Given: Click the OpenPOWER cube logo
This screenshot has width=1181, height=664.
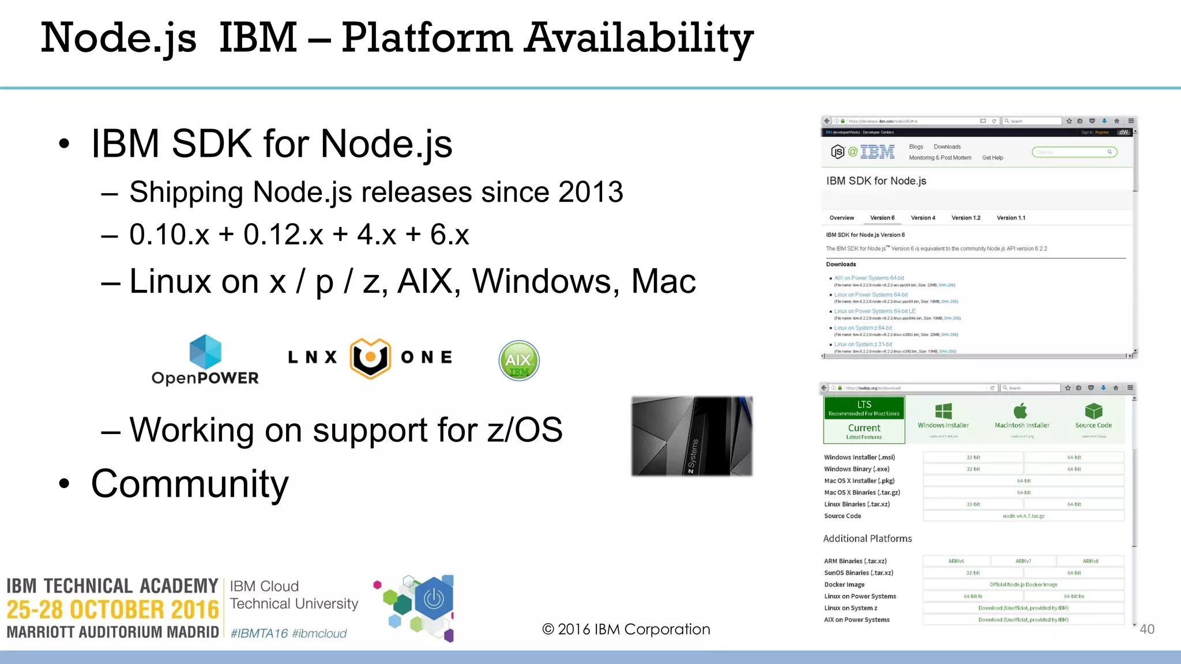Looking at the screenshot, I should [205, 352].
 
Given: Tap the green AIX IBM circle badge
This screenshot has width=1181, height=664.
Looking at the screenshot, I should [519, 361].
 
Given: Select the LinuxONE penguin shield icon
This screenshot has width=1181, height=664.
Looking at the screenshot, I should [370, 358].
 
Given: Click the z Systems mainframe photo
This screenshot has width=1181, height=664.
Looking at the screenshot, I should [691, 436].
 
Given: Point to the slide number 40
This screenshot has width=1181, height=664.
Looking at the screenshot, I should [1147, 629].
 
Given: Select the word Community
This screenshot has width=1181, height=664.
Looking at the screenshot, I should [190, 484].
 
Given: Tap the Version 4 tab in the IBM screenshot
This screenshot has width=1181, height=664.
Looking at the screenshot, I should [923, 218].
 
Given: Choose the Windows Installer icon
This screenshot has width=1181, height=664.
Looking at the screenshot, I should [943, 411].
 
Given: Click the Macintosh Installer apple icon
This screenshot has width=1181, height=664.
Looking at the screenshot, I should [1021, 411].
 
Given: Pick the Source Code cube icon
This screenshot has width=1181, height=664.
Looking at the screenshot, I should [1093, 411].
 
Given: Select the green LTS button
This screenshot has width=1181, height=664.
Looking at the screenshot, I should [864, 408].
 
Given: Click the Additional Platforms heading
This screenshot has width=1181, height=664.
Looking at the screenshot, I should [867, 538].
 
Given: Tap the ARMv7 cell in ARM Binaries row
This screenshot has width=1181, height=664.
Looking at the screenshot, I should [1024, 561].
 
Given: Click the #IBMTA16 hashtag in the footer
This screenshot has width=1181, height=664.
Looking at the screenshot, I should [259, 633].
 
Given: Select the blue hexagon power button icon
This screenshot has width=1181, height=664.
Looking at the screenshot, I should [434, 599].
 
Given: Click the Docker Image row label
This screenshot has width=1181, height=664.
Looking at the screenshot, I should [844, 584].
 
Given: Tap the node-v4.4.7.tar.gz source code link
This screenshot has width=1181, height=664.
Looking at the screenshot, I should [1024, 516].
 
